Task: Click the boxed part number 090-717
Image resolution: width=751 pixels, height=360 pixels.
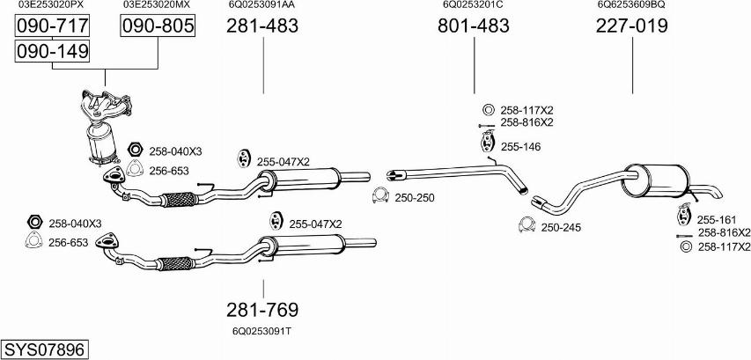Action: click(53, 27)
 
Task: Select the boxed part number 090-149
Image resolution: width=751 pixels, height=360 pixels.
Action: click(53, 52)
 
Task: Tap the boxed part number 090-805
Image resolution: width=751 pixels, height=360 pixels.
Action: click(157, 27)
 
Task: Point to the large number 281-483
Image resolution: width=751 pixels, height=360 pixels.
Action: click(262, 27)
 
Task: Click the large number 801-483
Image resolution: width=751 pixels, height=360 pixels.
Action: click(474, 26)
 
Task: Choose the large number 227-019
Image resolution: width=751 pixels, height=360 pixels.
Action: click(631, 26)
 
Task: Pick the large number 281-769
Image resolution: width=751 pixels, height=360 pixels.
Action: click(262, 310)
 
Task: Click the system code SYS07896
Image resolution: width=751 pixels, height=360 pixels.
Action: click(44, 349)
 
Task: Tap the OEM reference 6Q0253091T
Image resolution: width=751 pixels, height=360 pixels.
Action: click(262, 332)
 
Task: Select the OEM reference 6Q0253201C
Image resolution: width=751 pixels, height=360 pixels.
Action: click(473, 4)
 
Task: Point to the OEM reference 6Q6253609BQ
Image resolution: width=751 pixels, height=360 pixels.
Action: click(631, 4)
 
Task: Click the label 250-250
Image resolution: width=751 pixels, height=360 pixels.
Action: click(415, 197)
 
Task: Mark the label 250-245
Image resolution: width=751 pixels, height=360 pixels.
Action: click(561, 227)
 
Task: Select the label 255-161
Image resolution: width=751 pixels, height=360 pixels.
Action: click(716, 219)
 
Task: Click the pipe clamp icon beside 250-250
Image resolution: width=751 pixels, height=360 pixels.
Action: click(380, 195)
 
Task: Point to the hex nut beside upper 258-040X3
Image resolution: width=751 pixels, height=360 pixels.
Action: click(135, 151)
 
